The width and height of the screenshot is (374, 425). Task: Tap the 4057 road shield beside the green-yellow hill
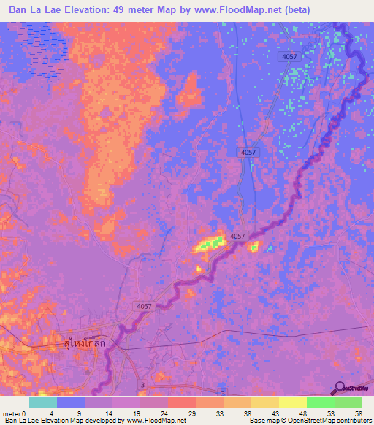point(237,237)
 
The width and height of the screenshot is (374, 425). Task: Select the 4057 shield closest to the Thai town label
point(143,308)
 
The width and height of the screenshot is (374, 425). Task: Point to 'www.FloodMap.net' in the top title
point(232,10)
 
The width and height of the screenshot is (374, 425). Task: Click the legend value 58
point(357,413)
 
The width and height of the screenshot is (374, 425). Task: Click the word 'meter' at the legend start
point(12,413)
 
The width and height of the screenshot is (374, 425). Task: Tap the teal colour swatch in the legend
point(43,402)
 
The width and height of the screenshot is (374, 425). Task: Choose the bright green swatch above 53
point(320,402)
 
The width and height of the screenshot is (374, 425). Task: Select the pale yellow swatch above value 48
point(292,402)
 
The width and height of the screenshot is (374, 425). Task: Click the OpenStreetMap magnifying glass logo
point(340,388)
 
